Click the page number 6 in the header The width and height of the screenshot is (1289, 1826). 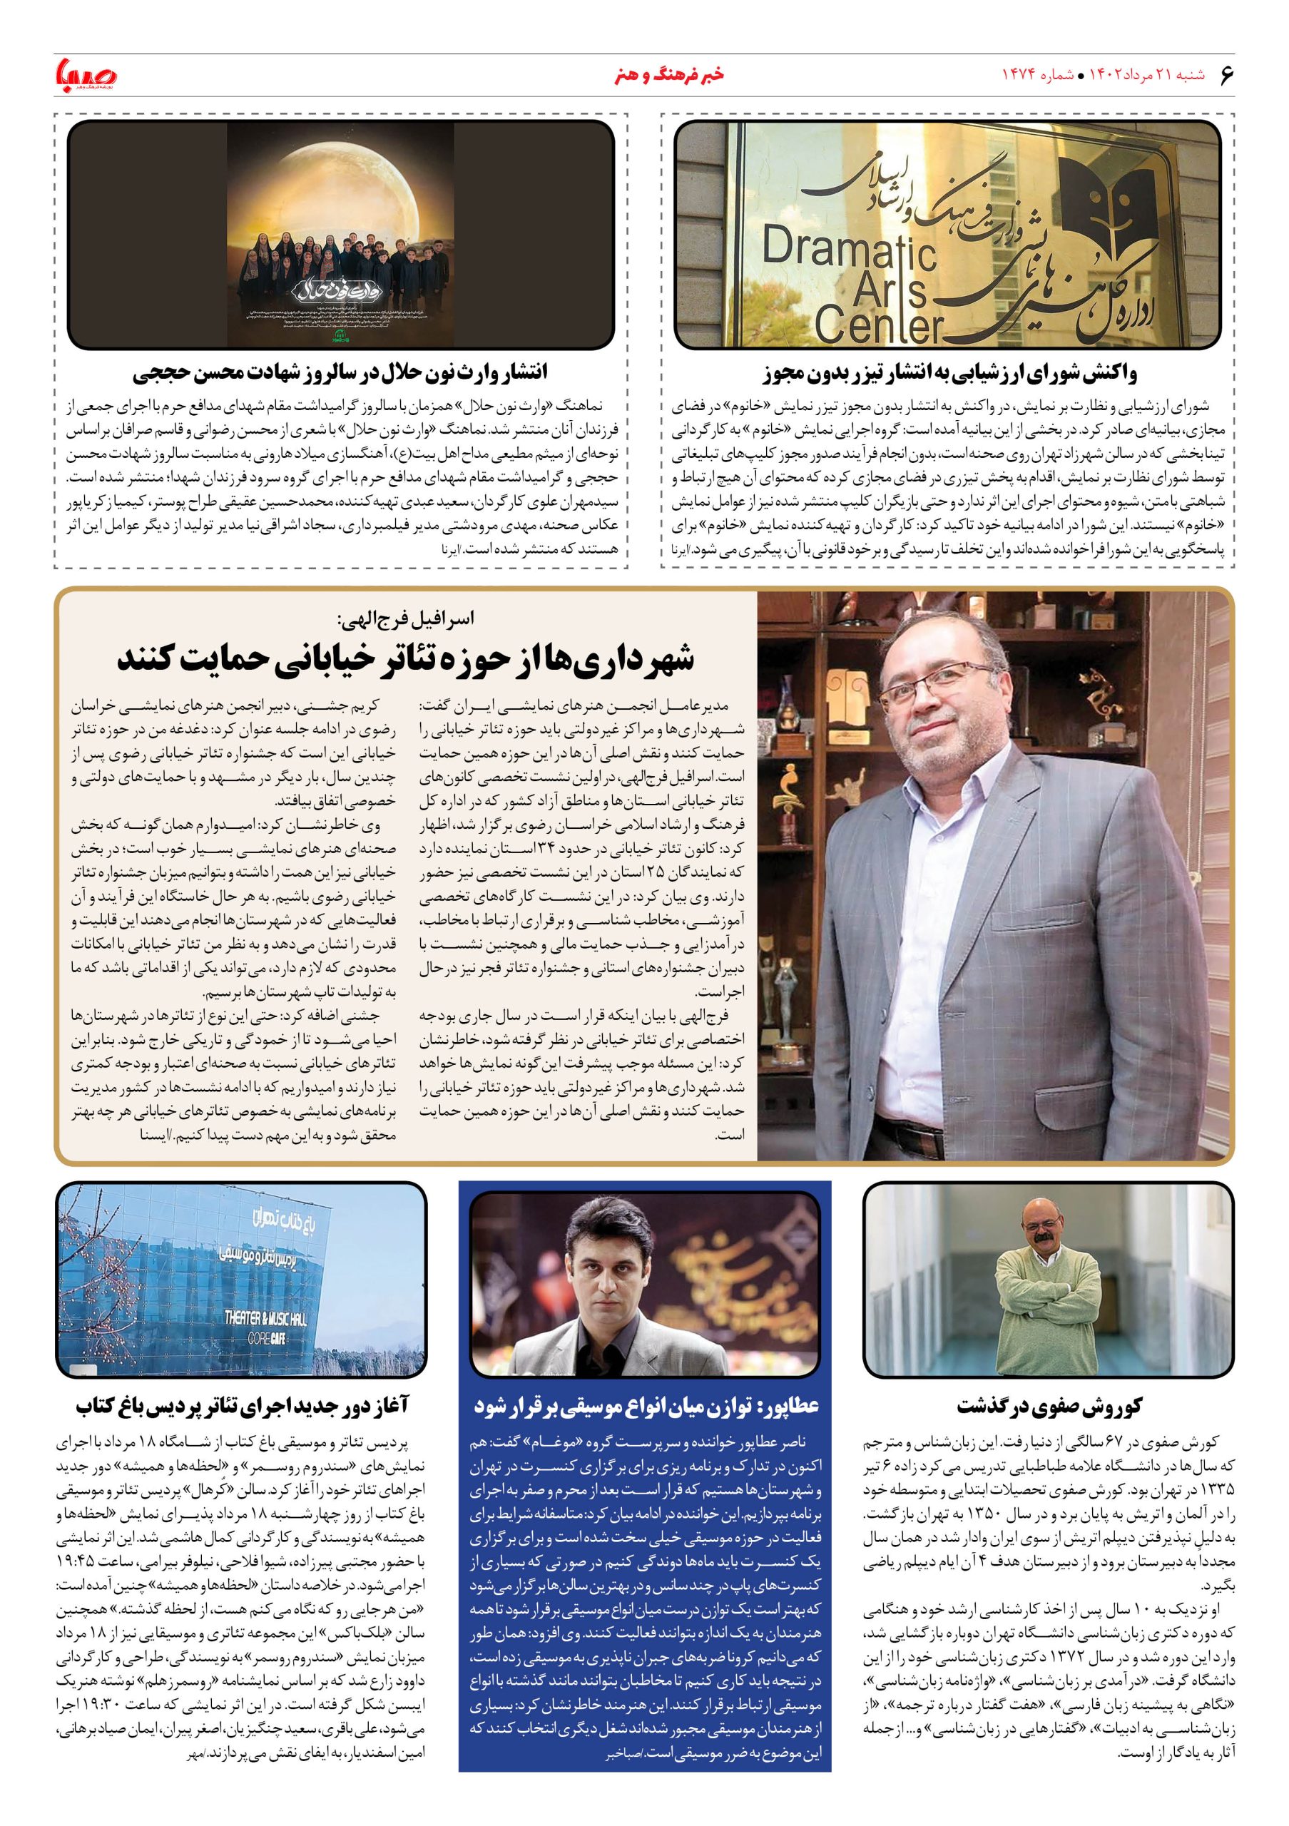(1226, 75)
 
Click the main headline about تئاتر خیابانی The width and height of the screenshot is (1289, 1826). (406, 658)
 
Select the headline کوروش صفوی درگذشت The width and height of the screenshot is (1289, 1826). (1049, 1406)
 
